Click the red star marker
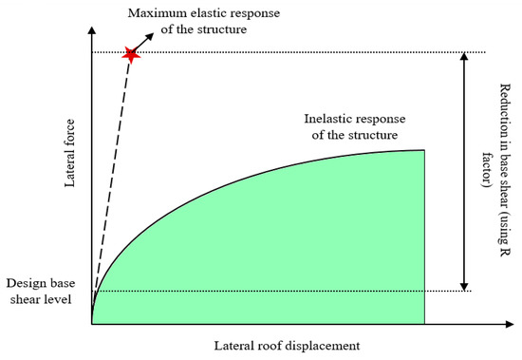[131, 55]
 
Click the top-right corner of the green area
[423, 150]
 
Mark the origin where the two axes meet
[92, 324]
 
